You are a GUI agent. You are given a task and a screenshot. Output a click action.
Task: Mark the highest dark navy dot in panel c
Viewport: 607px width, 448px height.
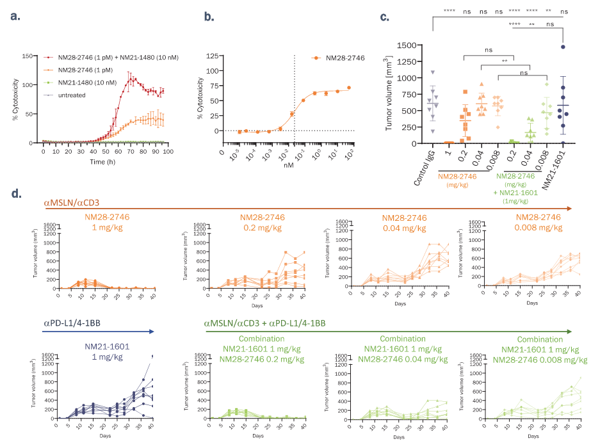click(x=563, y=46)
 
